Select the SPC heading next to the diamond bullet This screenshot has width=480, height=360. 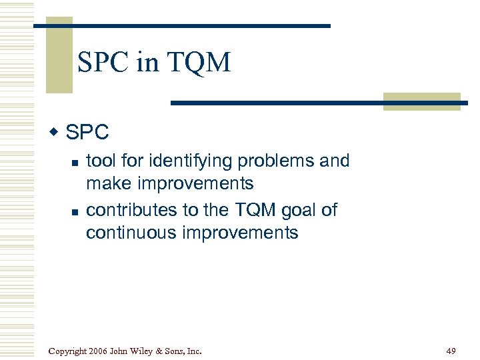click(87, 133)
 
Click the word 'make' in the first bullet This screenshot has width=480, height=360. click(109, 183)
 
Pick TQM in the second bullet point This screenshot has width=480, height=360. click(253, 211)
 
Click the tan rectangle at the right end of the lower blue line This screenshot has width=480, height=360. click(421, 101)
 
